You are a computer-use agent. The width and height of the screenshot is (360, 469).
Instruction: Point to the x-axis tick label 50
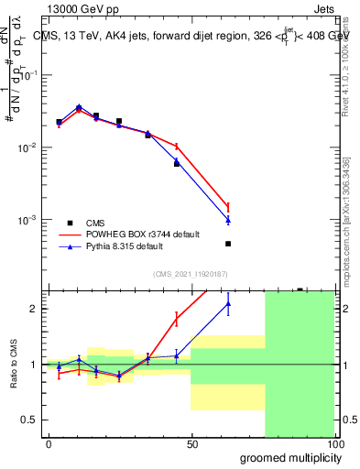click(x=191, y=443)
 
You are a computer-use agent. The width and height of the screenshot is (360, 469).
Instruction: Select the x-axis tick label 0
click(x=49, y=443)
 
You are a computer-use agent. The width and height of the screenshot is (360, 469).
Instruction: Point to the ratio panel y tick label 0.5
click(x=28, y=420)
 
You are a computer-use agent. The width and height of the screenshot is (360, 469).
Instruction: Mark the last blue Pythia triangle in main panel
click(x=227, y=220)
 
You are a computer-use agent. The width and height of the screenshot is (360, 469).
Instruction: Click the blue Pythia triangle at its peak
click(x=79, y=107)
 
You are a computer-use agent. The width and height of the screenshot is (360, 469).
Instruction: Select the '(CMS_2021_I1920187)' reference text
click(x=190, y=273)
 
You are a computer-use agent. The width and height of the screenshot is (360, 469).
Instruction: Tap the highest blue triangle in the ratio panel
click(x=227, y=303)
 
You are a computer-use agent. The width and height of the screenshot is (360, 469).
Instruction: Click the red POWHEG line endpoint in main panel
click(x=227, y=206)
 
